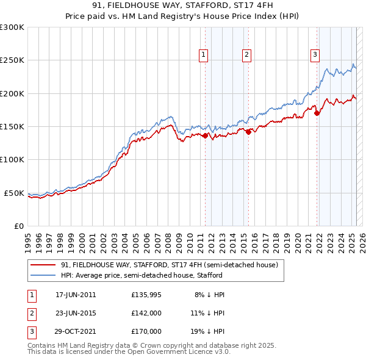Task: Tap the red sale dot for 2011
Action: coord(205,135)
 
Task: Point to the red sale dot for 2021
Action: coord(317,113)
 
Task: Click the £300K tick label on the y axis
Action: coord(12,27)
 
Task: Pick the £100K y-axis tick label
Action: coord(12,160)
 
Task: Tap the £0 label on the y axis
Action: coord(18,226)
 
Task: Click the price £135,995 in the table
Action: coord(146,295)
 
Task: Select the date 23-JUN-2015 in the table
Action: coord(76,313)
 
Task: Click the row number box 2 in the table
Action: coord(31,313)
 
